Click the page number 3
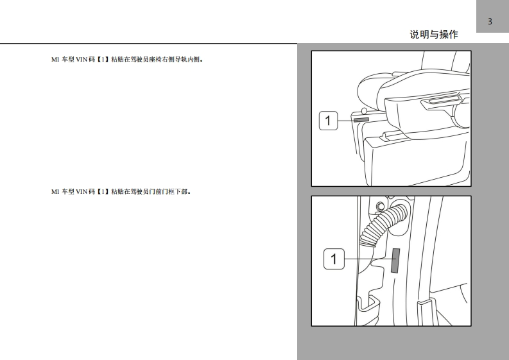(x=490, y=21)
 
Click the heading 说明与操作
(x=434, y=35)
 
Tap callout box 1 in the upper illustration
(x=328, y=121)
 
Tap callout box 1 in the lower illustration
(x=334, y=259)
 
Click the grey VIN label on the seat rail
(x=361, y=120)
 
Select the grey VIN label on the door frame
(x=395, y=261)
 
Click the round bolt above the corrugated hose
(x=380, y=206)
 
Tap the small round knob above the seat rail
(x=364, y=112)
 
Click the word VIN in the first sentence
(x=81, y=60)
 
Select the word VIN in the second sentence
(x=81, y=191)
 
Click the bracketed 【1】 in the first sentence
(x=103, y=60)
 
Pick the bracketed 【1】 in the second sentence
(x=103, y=191)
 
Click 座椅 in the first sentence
(x=155, y=60)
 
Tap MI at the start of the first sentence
(x=55, y=60)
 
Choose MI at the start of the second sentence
(x=55, y=191)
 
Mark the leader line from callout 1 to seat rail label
(x=346, y=121)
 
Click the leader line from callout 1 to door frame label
(x=368, y=259)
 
